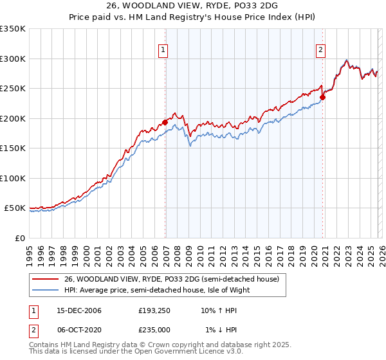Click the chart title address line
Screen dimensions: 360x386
193,6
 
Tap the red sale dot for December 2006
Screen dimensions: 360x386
165,122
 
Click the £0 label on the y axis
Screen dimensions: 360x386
19,238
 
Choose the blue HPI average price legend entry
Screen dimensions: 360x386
157,290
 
